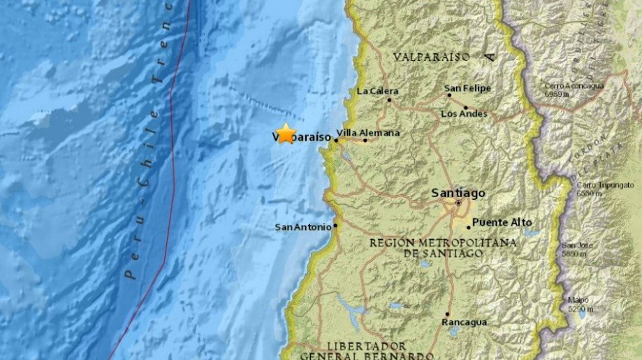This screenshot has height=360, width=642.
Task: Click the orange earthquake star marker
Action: [x=285, y=134]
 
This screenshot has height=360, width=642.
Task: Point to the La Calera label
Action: [x=377, y=91]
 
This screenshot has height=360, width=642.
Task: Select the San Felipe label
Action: [x=468, y=89]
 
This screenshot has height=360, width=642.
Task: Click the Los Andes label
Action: [x=462, y=113]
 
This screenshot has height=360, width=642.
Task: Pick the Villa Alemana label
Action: [x=368, y=133]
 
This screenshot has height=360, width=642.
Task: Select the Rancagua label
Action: [x=464, y=322]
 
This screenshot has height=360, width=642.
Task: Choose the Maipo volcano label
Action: [x=577, y=301]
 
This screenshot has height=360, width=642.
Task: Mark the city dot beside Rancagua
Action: [x=447, y=315]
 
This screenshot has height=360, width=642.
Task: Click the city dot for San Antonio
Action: [x=336, y=225]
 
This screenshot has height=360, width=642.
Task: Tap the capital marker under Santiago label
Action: [x=458, y=203]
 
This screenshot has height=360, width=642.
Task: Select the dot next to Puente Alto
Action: [x=469, y=227]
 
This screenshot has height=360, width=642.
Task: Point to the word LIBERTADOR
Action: [x=366, y=347]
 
